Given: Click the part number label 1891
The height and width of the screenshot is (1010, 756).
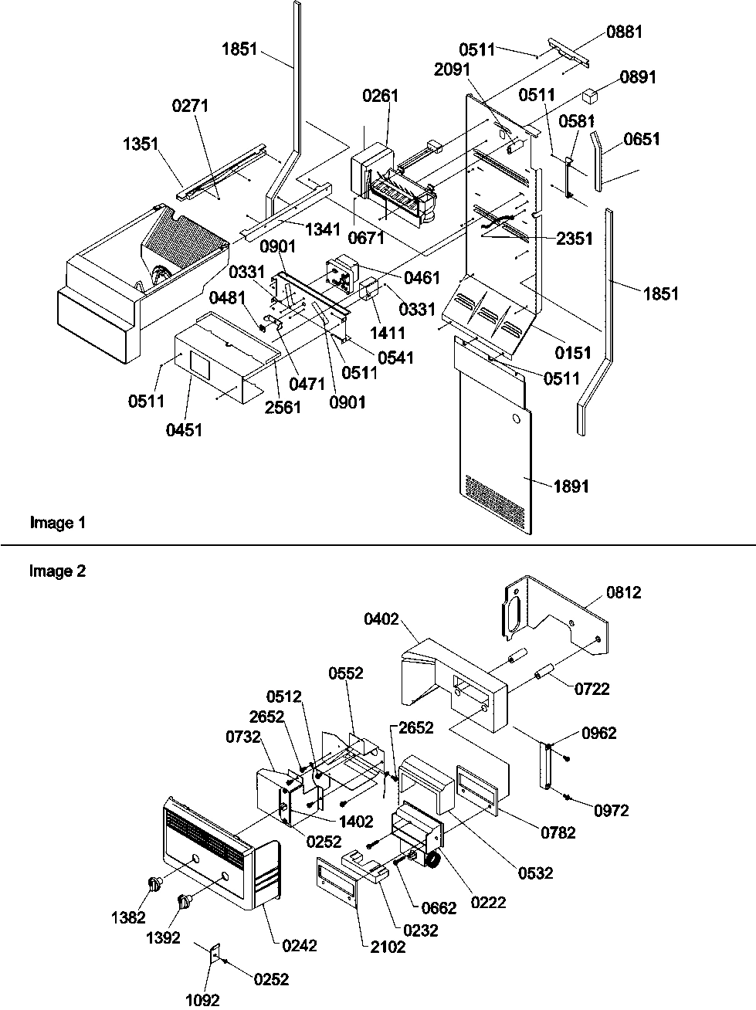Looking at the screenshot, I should coord(571,486).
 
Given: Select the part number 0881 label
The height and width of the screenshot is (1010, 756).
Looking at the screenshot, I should coord(624,32).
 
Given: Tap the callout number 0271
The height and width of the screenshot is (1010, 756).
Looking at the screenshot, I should coord(191,106).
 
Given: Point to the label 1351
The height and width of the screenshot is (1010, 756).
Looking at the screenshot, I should coord(140,144).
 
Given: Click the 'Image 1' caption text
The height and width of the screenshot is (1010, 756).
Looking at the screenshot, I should coord(58,523).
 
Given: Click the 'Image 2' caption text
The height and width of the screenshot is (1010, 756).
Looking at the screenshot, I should coord(58,571).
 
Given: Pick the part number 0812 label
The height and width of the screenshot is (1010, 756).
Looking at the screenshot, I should coord(624,593).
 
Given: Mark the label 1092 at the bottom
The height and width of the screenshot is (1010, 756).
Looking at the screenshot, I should coord(203,1001).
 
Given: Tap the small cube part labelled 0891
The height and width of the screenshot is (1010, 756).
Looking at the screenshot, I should coord(593,96).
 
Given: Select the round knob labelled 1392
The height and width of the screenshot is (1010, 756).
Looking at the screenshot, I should coord(185,901).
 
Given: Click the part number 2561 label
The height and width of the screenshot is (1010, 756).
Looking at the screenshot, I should coord(282,407).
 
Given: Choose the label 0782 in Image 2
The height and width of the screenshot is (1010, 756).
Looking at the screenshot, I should coord(558,832).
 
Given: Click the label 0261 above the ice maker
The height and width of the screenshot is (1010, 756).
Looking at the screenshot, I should coord(381,96).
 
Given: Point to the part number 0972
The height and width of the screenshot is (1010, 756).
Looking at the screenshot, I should coord(612,810).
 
